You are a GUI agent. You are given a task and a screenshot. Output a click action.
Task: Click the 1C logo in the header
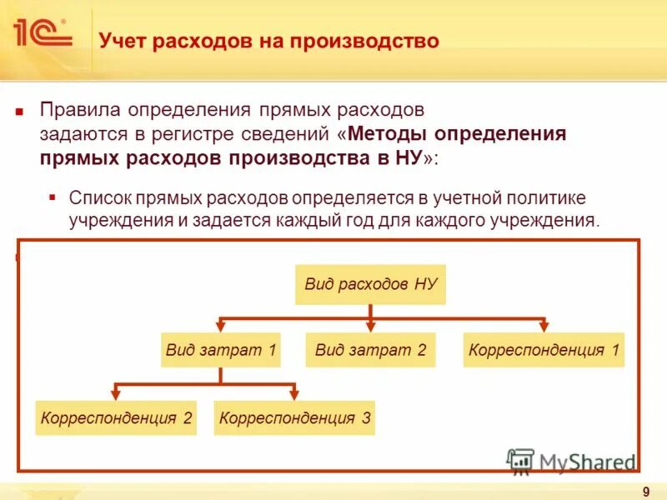click(x=42, y=33)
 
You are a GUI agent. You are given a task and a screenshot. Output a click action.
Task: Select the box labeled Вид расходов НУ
click(x=371, y=284)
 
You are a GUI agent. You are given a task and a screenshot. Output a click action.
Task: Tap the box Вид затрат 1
click(x=220, y=350)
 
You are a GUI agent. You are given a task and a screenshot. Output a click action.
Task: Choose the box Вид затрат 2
click(x=371, y=350)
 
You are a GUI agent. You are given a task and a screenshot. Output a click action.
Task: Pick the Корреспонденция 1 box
click(x=544, y=350)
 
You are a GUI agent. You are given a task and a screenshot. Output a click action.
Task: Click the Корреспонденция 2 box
click(x=116, y=417)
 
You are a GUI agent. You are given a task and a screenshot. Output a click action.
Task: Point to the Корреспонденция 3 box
click(x=294, y=417)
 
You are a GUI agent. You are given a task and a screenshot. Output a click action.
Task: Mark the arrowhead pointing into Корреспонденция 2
click(x=116, y=393)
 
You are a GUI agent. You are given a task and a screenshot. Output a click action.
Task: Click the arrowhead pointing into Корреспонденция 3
click(x=294, y=393)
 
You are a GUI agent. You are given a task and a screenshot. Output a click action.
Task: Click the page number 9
click(x=646, y=492)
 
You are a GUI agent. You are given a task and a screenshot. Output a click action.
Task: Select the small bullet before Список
click(x=53, y=197)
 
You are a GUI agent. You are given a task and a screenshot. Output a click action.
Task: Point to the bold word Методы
click(x=389, y=133)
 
